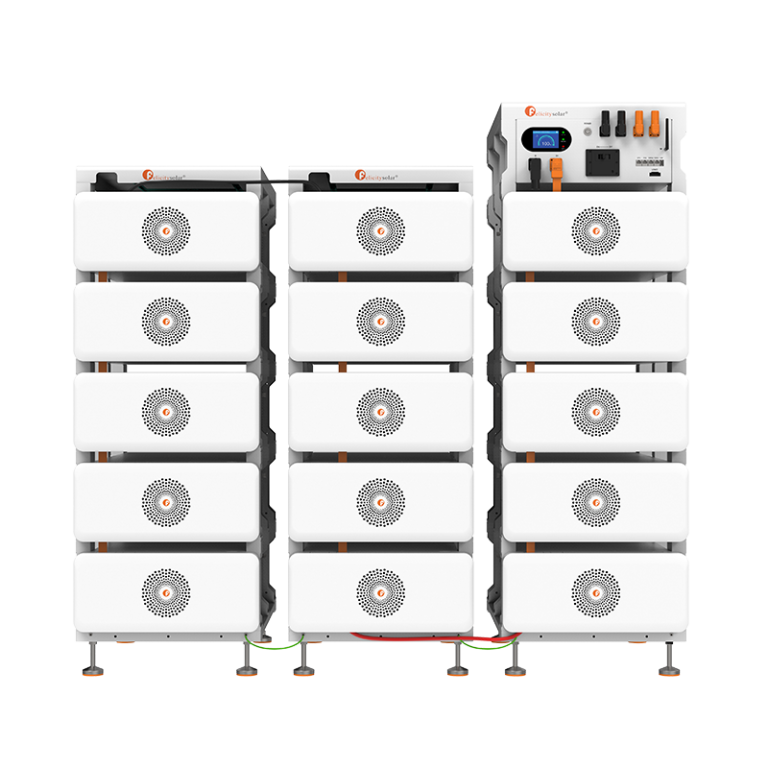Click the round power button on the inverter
tap(587, 130)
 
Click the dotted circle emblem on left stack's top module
tap(166, 231)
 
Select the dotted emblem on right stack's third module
tap(595, 411)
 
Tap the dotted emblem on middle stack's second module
tap(380, 321)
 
